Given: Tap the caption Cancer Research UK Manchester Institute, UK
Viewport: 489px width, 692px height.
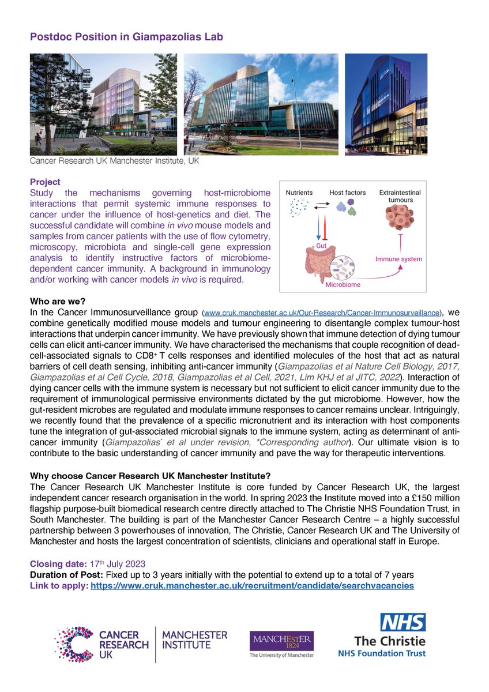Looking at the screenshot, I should [x=114, y=163].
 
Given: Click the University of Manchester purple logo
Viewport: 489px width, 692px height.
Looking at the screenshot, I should [x=281, y=644].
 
